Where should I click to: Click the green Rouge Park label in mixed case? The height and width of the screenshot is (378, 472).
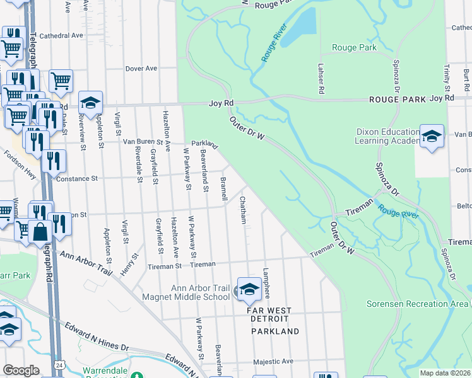click(x=355, y=47)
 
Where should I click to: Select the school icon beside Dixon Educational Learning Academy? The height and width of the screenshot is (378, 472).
click(x=432, y=137)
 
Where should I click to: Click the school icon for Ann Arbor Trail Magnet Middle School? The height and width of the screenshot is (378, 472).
click(x=249, y=289)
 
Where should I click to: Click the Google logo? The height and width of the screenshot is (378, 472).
click(x=21, y=370)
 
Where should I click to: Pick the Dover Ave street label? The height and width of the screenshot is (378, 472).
click(x=141, y=68)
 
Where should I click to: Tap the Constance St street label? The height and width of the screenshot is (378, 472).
click(x=78, y=179)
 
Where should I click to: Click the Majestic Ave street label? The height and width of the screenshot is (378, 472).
click(x=273, y=362)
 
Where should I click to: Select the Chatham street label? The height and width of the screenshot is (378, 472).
click(x=242, y=210)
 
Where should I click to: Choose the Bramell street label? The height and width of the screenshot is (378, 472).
click(x=223, y=189)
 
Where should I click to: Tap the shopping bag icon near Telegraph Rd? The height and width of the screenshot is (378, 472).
click(x=40, y=232)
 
